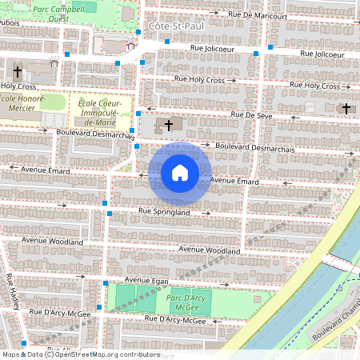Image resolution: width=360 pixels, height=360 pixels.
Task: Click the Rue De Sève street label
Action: pos(253,115)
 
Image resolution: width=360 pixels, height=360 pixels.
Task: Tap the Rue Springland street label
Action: pos(164,212)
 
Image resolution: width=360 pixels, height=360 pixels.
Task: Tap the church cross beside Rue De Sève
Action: pos(168,125)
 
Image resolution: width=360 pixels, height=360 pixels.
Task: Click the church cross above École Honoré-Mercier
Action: pos(17,71)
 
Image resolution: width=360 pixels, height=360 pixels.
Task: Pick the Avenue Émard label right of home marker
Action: pos(235,182)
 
